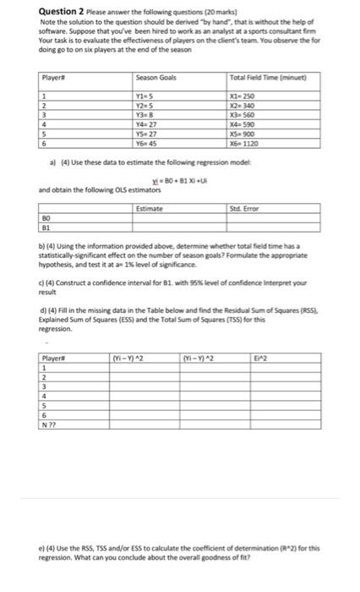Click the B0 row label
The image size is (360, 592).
46,218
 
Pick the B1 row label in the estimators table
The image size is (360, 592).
46,227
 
